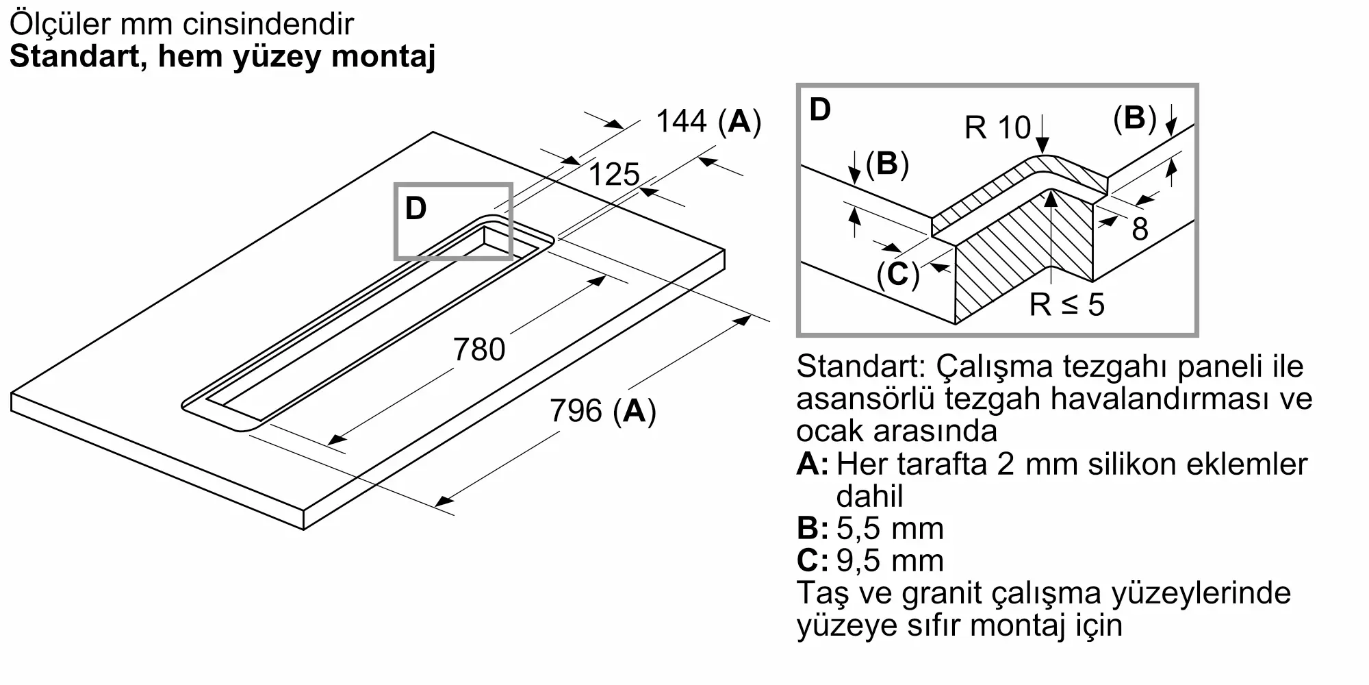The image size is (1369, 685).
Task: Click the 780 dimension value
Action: coord(479,349)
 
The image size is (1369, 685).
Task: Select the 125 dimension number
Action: coord(614,175)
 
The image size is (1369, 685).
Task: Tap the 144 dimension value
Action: coord(681,121)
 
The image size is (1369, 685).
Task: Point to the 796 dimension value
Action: coord(576,411)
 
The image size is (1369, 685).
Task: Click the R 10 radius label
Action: coord(997,127)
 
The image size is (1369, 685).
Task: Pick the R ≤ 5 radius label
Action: coord(1067,304)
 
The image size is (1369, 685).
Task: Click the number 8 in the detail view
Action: coord(1140,229)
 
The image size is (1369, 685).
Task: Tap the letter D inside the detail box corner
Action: coord(820,110)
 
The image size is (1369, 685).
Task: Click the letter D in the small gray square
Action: coord(416,208)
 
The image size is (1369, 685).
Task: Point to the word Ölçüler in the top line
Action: coord(60,25)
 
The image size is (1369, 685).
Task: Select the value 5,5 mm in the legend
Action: coord(890,528)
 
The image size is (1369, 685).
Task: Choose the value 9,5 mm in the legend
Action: coord(890,560)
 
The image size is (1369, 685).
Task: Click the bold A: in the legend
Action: coord(813,464)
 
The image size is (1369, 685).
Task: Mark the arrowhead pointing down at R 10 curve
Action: coord(1042,145)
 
